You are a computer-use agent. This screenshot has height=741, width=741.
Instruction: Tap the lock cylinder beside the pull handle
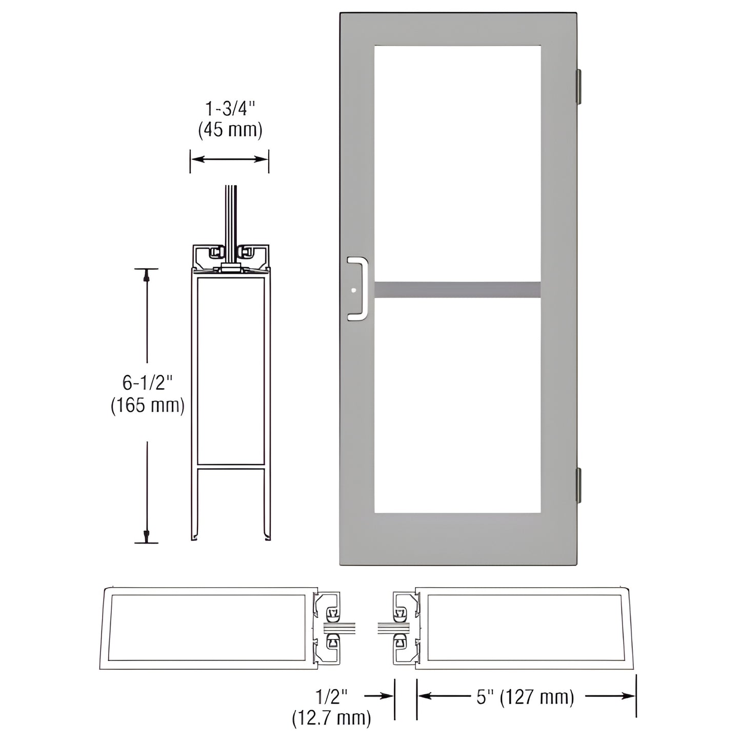click(x=353, y=291)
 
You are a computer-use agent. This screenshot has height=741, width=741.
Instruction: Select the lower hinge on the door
click(x=579, y=485)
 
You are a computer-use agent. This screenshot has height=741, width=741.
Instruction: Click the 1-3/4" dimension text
click(x=230, y=109)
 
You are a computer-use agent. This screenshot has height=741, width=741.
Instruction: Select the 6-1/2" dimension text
click(x=148, y=382)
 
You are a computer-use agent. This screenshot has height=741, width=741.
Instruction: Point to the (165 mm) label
click(x=148, y=406)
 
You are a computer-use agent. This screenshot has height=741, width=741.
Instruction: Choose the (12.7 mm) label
click(x=332, y=718)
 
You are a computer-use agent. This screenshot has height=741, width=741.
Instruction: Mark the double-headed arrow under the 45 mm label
click(x=230, y=159)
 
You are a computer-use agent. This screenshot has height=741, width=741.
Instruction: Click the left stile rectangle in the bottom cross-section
click(x=208, y=628)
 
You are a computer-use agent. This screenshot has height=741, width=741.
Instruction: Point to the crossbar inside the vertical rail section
click(x=230, y=467)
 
